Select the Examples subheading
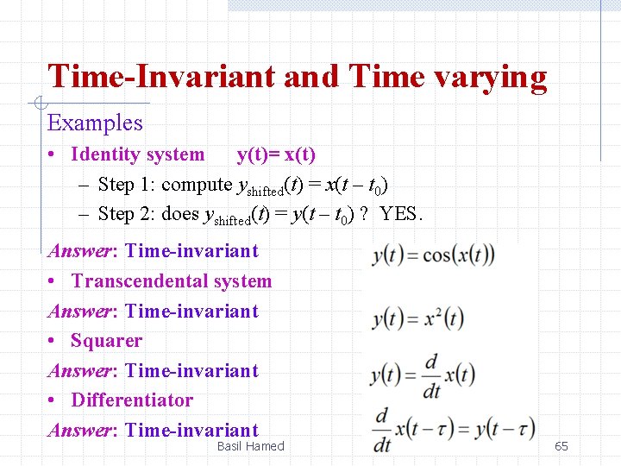click(95, 123)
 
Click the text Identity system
click(138, 155)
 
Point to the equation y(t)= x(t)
click(276, 155)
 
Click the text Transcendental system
click(172, 281)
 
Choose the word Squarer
click(106, 341)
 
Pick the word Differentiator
click(132, 400)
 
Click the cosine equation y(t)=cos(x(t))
click(433, 256)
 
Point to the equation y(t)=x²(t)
click(417, 318)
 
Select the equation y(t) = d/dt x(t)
click(423, 375)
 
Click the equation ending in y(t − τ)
click(454, 429)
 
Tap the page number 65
click(561, 446)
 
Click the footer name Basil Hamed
click(250, 446)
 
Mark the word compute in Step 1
click(197, 185)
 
